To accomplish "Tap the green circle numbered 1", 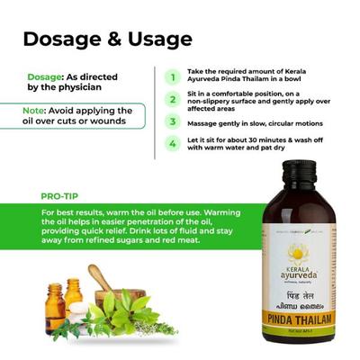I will pos(172,76).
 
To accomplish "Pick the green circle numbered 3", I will pos(172,121).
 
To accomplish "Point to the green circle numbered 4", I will pos(172,143).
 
